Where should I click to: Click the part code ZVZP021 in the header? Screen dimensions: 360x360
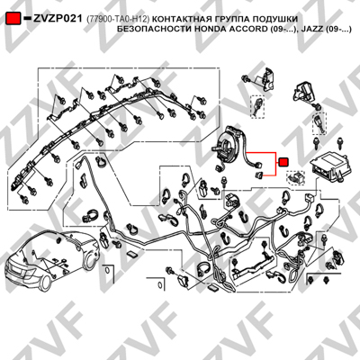click(58, 19)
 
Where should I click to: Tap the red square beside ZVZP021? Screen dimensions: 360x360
click(13, 19)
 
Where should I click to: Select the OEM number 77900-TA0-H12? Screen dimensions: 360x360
click(118, 19)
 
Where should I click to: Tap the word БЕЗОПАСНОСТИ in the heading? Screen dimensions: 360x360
click(154, 29)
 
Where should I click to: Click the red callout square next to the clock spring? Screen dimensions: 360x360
click(283, 162)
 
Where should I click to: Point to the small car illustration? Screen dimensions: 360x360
click(54, 259)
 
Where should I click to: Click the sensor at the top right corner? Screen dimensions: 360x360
click(303, 91)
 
